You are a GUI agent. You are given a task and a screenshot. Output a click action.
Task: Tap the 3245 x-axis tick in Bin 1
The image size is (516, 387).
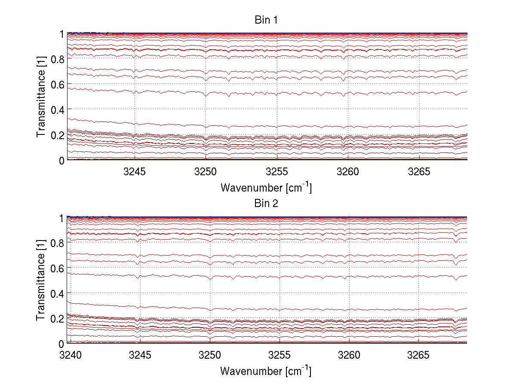[135, 172]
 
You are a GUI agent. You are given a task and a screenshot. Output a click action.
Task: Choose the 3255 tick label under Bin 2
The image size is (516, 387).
[279, 356]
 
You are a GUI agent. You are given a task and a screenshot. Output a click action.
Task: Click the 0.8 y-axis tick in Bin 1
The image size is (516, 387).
[58, 59]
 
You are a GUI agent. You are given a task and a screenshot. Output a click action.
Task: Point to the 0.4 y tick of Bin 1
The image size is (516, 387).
[58, 110]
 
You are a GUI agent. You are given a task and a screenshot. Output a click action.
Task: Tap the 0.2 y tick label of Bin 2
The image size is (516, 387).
[58, 318]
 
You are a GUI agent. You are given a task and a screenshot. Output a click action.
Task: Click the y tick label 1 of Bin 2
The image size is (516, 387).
[62, 217]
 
